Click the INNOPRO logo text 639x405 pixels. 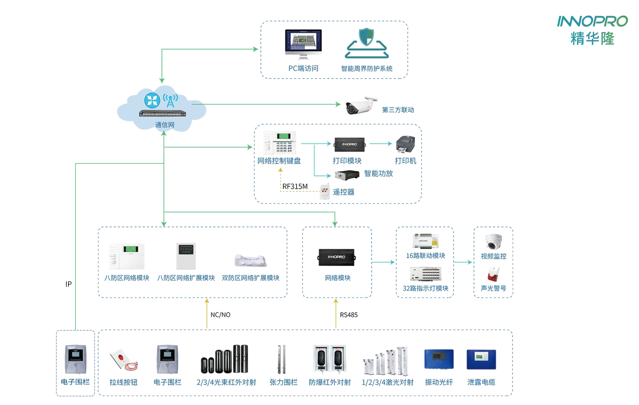pyautogui.click(x=592, y=21)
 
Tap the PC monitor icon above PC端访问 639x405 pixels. pyautogui.click(x=303, y=42)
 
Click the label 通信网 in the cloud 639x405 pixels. pyautogui.click(x=165, y=125)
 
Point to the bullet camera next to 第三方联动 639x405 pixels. pyautogui.click(x=361, y=105)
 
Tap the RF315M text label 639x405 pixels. pyautogui.click(x=295, y=187)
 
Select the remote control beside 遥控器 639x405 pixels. pyautogui.click(x=325, y=192)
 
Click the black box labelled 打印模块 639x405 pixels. pyautogui.click(x=349, y=144)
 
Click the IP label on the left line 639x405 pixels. pyautogui.click(x=68, y=284)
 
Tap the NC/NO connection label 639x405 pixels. pyautogui.click(x=220, y=315)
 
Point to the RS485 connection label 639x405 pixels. pyautogui.click(x=349, y=315)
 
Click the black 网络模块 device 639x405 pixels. pyautogui.click(x=337, y=257)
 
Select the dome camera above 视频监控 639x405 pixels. pyautogui.click(x=493, y=242)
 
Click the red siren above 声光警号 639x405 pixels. pyautogui.click(x=493, y=274)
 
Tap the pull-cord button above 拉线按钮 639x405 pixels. pyautogui.click(x=123, y=360)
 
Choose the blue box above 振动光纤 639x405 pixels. pyautogui.click(x=439, y=359)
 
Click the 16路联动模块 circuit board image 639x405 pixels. pyautogui.click(x=425, y=241)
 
